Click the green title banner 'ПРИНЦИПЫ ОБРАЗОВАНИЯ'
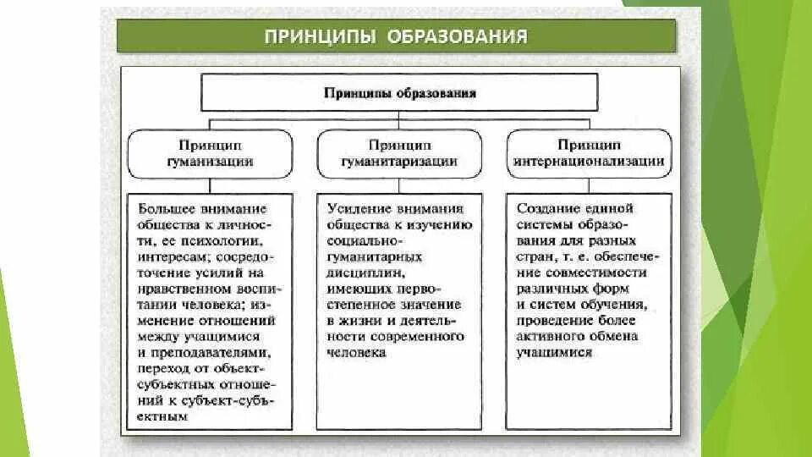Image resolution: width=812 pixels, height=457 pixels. point(396,36)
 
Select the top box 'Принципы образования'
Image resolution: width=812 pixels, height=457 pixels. point(399,92)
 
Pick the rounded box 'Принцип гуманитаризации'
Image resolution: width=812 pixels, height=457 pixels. point(400,153)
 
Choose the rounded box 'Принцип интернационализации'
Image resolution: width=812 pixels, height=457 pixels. point(589,153)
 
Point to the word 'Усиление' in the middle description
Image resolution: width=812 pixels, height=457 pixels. point(354,209)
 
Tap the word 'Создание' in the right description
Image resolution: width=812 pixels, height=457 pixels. point(545,209)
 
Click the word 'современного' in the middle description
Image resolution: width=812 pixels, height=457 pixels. point(423,336)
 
